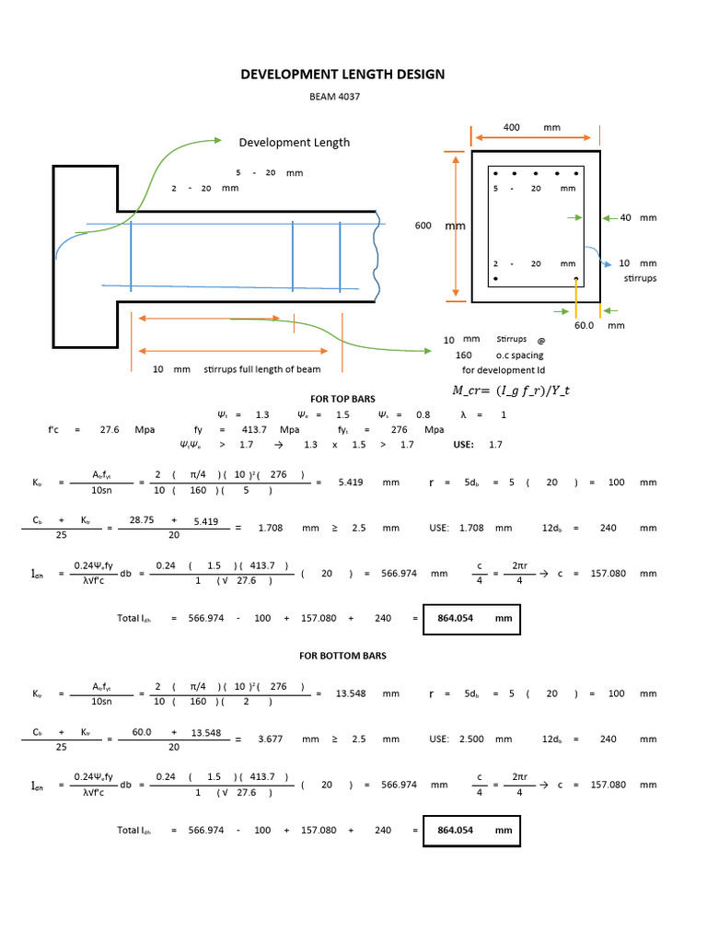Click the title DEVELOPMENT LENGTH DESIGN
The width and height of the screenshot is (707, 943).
coord(342,75)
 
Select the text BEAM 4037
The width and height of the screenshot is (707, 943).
coord(342,96)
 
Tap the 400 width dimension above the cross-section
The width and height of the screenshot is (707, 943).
coord(512,126)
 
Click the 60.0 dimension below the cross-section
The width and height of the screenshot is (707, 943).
coord(585,325)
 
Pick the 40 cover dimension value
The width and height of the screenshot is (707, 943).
coord(626,217)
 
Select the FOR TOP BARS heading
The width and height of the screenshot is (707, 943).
coord(342,400)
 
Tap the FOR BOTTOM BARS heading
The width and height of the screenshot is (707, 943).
coord(342,656)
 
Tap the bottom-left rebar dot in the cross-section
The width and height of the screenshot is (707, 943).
coord(495,278)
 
